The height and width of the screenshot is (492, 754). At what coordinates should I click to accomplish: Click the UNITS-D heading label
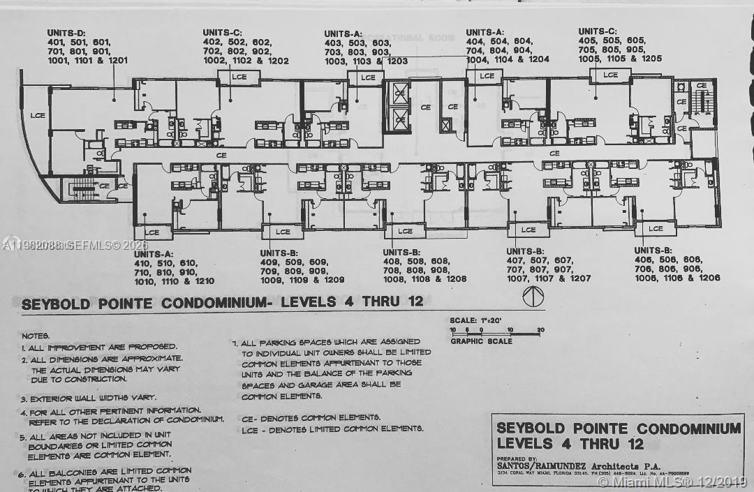click(x=66, y=33)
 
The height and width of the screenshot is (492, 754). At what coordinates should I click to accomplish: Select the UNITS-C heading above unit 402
click(x=223, y=33)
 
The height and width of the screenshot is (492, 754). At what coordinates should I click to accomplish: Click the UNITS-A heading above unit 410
click(x=153, y=254)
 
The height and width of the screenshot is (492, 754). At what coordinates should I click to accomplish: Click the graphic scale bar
click(x=496, y=329)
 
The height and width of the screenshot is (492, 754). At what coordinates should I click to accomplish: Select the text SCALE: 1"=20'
click(x=482, y=320)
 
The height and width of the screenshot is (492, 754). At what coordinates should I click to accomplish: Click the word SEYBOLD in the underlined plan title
click(x=58, y=304)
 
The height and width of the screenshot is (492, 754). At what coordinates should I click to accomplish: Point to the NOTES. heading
click(x=36, y=336)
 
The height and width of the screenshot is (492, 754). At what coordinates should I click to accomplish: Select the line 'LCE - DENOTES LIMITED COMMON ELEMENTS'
click(x=332, y=428)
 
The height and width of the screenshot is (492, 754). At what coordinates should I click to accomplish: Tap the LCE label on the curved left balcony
click(x=37, y=114)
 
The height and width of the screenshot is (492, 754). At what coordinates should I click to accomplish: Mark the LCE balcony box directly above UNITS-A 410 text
click(x=152, y=232)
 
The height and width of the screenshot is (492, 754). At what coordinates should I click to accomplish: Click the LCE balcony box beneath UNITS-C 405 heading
click(x=610, y=75)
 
